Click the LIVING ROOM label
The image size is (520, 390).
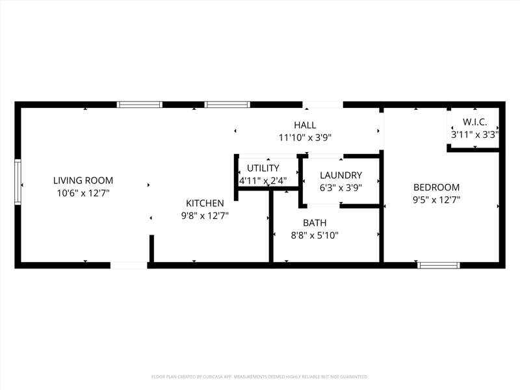(83, 181)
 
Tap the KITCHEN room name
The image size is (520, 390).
(205, 203)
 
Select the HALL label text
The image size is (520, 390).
(305, 125)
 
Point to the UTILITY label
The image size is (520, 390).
(263, 168)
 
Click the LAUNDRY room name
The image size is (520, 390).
(341, 175)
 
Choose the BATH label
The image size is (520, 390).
(315, 223)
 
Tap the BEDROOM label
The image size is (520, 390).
(436, 187)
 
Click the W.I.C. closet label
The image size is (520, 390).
(475, 122)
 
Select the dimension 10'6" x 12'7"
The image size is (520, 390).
(83, 193)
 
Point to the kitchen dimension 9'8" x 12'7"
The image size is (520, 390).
(205, 216)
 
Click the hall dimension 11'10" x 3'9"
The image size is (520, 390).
(305, 137)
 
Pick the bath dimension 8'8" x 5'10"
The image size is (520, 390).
(315, 235)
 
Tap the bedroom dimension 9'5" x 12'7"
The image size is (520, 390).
(436, 200)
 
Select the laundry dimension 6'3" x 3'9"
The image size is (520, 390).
(341, 188)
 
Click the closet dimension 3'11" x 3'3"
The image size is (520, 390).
(475, 135)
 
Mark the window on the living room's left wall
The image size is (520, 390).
(18, 182)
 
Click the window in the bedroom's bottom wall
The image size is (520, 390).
(438, 265)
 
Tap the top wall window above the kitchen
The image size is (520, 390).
(227, 105)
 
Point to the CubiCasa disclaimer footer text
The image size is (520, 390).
(259, 377)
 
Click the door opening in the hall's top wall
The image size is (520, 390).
(322, 105)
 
